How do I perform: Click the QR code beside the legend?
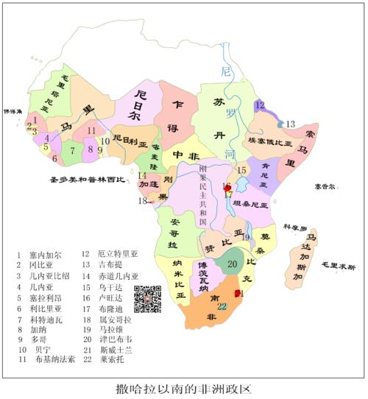tap(147, 299)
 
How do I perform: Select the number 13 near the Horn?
tap(290, 123)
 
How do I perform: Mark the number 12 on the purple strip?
tap(260, 105)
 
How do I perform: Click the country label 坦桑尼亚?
tap(251, 202)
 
